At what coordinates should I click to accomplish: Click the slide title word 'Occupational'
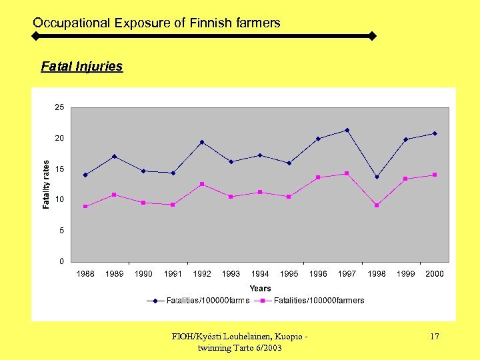[72, 23]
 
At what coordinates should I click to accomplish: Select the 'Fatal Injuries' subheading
[82, 67]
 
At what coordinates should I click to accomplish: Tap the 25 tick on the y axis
[59, 107]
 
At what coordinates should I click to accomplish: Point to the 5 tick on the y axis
[61, 231]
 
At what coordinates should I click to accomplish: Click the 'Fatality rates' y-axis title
[46, 185]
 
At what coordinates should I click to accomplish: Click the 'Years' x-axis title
[260, 289]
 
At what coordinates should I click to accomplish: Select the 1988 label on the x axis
[85, 274]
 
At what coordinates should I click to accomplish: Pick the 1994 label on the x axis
[260, 274]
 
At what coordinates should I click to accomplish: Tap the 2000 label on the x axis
[435, 274]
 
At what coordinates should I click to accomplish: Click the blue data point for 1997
[347, 130]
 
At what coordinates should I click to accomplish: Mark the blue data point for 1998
[377, 177]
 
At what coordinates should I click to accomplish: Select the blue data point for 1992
[202, 142]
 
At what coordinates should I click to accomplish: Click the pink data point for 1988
[85, 207]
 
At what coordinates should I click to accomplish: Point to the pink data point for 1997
[347, 173]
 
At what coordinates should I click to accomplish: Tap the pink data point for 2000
[435, 175]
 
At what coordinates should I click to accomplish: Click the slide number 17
[434, 337]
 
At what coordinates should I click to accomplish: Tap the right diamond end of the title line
[372, 36]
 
